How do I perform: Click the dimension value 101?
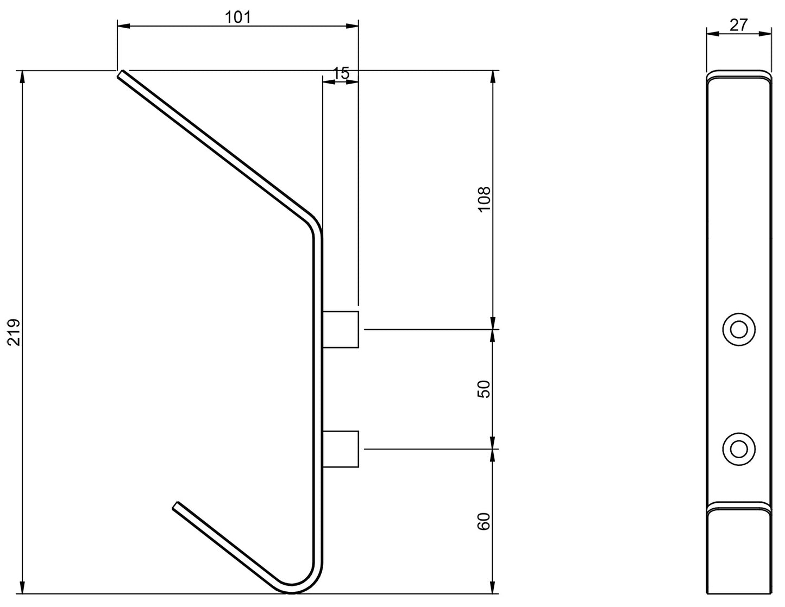(x=238, y=17)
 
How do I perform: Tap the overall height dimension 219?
(x=14, y=332)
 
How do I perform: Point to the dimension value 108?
(x=483, y=199)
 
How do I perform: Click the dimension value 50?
(x=483, y=389)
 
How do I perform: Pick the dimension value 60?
(x=483, y=521)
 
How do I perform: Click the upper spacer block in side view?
(x=340, y=329)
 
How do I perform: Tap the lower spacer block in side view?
(x=340, y=449)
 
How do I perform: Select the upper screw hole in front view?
(x=739, y=330)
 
